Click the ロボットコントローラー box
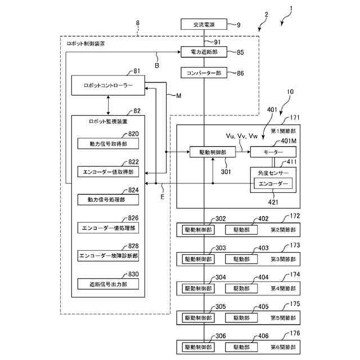pyautogui.click(x=108, y=86)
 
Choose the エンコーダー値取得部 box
pyautogui.click(x=107, y=171)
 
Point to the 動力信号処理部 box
pyautogui.click(x=107, y=199)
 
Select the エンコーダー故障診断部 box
pyautogui.click(x=107, y=255)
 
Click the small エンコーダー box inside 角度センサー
pyautogui.click(x=272, y=184)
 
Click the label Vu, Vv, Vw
pyautogui.click(x=241, y=136)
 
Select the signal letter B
pyautogui.click(x=157, y=66)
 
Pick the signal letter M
pyautogui.click(x=178, y=96)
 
